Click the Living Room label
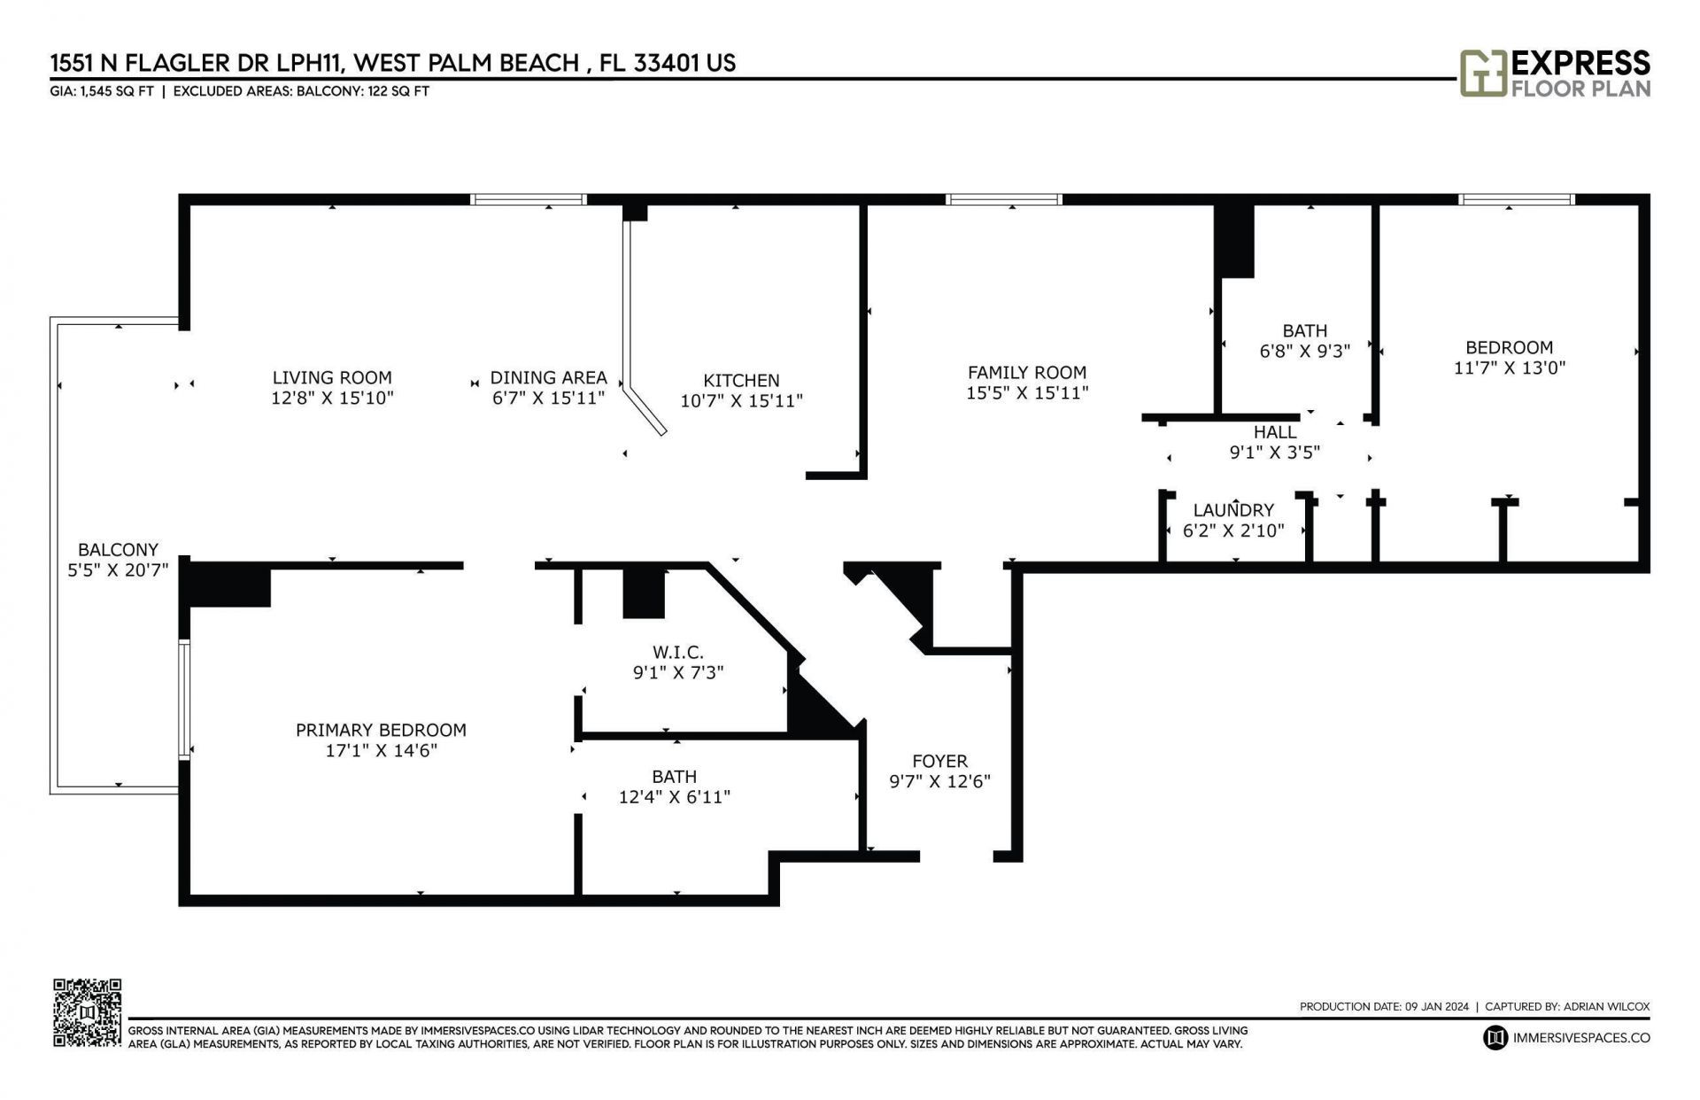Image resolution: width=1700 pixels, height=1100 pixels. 331,377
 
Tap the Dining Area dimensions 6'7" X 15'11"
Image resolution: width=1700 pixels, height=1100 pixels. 548,399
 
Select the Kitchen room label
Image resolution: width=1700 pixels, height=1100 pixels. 741,380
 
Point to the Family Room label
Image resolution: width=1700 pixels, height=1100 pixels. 1026,373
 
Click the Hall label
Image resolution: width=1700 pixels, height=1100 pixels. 1274,432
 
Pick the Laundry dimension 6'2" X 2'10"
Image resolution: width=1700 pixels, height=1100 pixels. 1232,531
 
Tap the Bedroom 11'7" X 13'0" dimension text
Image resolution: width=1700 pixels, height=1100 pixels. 1509,368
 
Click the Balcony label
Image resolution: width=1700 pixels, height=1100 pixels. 118,549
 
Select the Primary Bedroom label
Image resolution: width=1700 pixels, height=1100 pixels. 381,730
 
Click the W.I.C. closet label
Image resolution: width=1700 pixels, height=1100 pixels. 677,653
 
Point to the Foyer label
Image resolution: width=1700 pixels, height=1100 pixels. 939,761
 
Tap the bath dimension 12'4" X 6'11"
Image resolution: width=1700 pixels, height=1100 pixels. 674,797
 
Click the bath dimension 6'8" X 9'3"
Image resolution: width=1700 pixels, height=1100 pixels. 1304,351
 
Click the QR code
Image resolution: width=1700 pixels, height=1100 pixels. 87,1012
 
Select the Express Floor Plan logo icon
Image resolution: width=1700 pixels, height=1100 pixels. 1482,73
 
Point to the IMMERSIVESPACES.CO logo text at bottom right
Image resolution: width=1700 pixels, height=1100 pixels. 1581,1037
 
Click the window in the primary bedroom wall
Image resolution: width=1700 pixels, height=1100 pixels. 184,700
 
